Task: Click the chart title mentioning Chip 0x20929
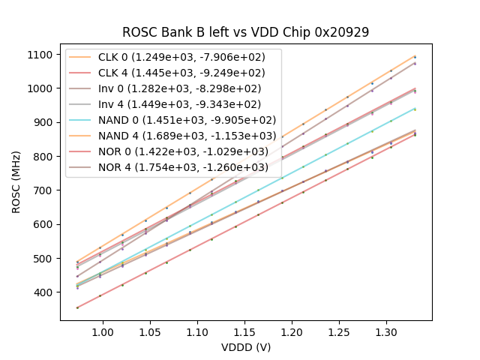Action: click(246, 32)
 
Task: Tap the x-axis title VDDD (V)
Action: click(246, 347)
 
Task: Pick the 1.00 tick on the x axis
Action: click(101, 331)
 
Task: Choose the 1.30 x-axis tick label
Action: click(385, 331)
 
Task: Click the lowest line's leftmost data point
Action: click(77, 307)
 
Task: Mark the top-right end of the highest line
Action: click(415, 56)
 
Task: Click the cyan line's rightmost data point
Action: click(415, 109)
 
